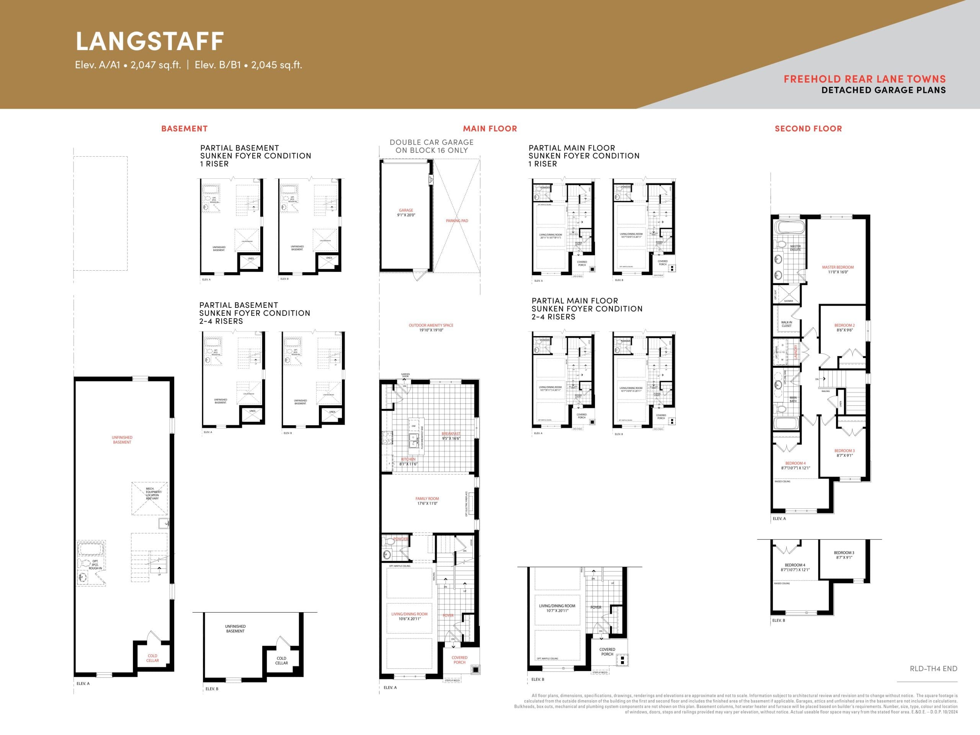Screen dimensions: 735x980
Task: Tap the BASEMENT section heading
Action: (x=184, y=129)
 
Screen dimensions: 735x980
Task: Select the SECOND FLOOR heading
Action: (x=808, y=129)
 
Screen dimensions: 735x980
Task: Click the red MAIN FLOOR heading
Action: (x=490, y=129)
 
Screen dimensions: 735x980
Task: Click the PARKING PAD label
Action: (x=457, y=220)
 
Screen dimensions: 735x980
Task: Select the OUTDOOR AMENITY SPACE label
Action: (x=431, y=327)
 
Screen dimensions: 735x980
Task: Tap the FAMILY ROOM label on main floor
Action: (x=427, y=501)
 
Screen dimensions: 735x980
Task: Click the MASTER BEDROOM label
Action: (x=838, y=269)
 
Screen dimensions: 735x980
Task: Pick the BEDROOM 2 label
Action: (x=844, y=327)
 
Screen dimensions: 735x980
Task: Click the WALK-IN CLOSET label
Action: (x=786, y=324)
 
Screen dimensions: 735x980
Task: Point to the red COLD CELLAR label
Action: (x=152, y=658)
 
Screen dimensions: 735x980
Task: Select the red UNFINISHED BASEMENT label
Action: (x=122, y=439)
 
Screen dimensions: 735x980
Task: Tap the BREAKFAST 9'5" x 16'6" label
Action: (x=451, y=436)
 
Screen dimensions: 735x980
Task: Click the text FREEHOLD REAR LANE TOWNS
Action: (x=864, y=79)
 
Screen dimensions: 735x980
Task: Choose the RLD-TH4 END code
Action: (x=933, y=668)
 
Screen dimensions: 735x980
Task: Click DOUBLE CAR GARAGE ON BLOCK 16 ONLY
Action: (x=431, y=146)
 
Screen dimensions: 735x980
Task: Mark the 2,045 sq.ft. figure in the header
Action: (x=276, y=65)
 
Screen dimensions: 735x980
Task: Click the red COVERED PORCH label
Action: (x=459, y=660)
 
